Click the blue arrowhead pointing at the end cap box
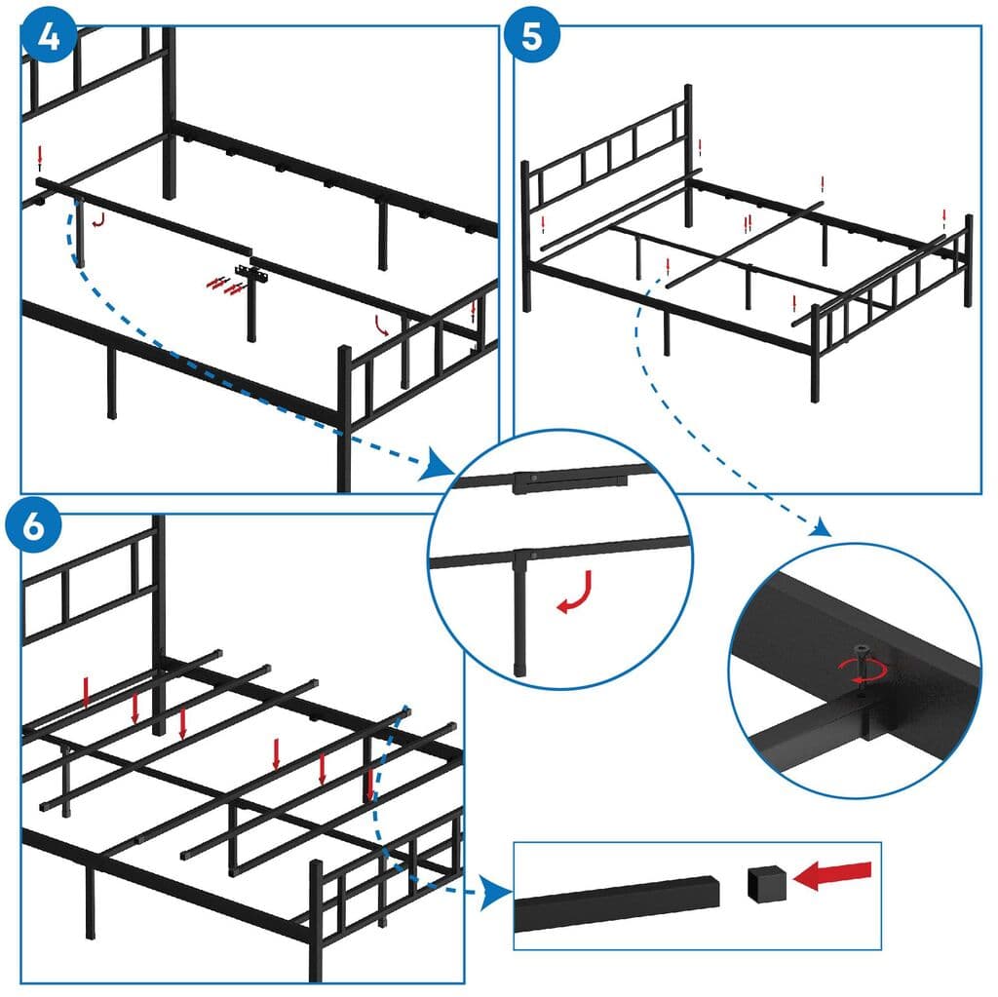499,890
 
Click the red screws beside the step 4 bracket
222,285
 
